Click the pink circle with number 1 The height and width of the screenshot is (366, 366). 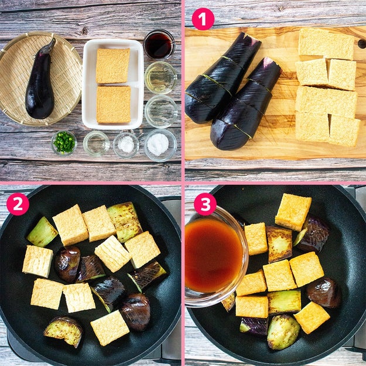pos(203,19)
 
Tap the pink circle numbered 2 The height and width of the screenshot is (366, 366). pos(18,204)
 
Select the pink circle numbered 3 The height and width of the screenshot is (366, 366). pos(205,204)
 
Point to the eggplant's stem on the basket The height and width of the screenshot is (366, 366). pos(50,46)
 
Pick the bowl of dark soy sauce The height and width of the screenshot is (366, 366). pos(159,45)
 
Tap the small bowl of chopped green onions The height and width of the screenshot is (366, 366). pos(64,143)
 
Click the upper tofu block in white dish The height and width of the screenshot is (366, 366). pos(113,66)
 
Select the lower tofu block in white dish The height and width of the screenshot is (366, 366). pos(114,104)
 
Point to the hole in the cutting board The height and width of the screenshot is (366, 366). pos(362,44)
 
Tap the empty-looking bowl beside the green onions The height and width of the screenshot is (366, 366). pos(96,143)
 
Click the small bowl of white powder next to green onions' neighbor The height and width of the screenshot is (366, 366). pos(126,144)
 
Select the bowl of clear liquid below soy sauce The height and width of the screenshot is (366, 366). pos(160,77)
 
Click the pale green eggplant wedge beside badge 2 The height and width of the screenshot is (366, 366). pos(42,232)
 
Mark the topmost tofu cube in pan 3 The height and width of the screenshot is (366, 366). pos(293,212)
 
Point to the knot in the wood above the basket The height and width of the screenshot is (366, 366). pos(84,30)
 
